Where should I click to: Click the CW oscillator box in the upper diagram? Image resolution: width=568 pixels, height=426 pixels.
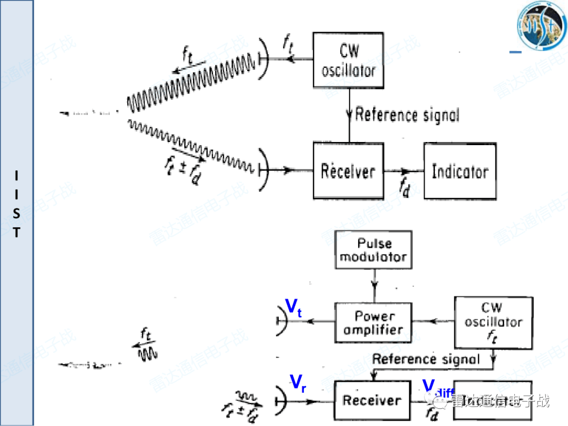pyautogui.click(x=348, y=60)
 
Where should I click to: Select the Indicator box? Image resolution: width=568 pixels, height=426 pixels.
pyautogui.click(x=460, y=170)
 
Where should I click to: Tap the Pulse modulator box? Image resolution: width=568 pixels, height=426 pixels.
pyautogui.click(x=373, y=251)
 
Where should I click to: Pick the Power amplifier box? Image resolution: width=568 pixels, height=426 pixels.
pyautogui.click(x=373, y=323)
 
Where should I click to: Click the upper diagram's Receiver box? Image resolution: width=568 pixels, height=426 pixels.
pyautogui.click(x=348, y=170)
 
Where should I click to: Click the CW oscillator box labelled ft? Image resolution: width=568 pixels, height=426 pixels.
pyautogui.click(x=493, y=322)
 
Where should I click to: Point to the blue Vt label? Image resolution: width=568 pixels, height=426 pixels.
pyautogui.click(x=293, y=307)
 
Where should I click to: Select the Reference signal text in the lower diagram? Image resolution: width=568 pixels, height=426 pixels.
pyautogui.click(x=426, y=359)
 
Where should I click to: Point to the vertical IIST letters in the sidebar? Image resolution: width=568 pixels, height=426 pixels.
pyautogui.click(x=17, y=204)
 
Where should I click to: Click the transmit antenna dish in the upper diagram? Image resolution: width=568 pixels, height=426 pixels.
pyautogui.click(x=264, y=59)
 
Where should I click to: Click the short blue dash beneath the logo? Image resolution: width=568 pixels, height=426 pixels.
pyautogui.click(x=516, y=52)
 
